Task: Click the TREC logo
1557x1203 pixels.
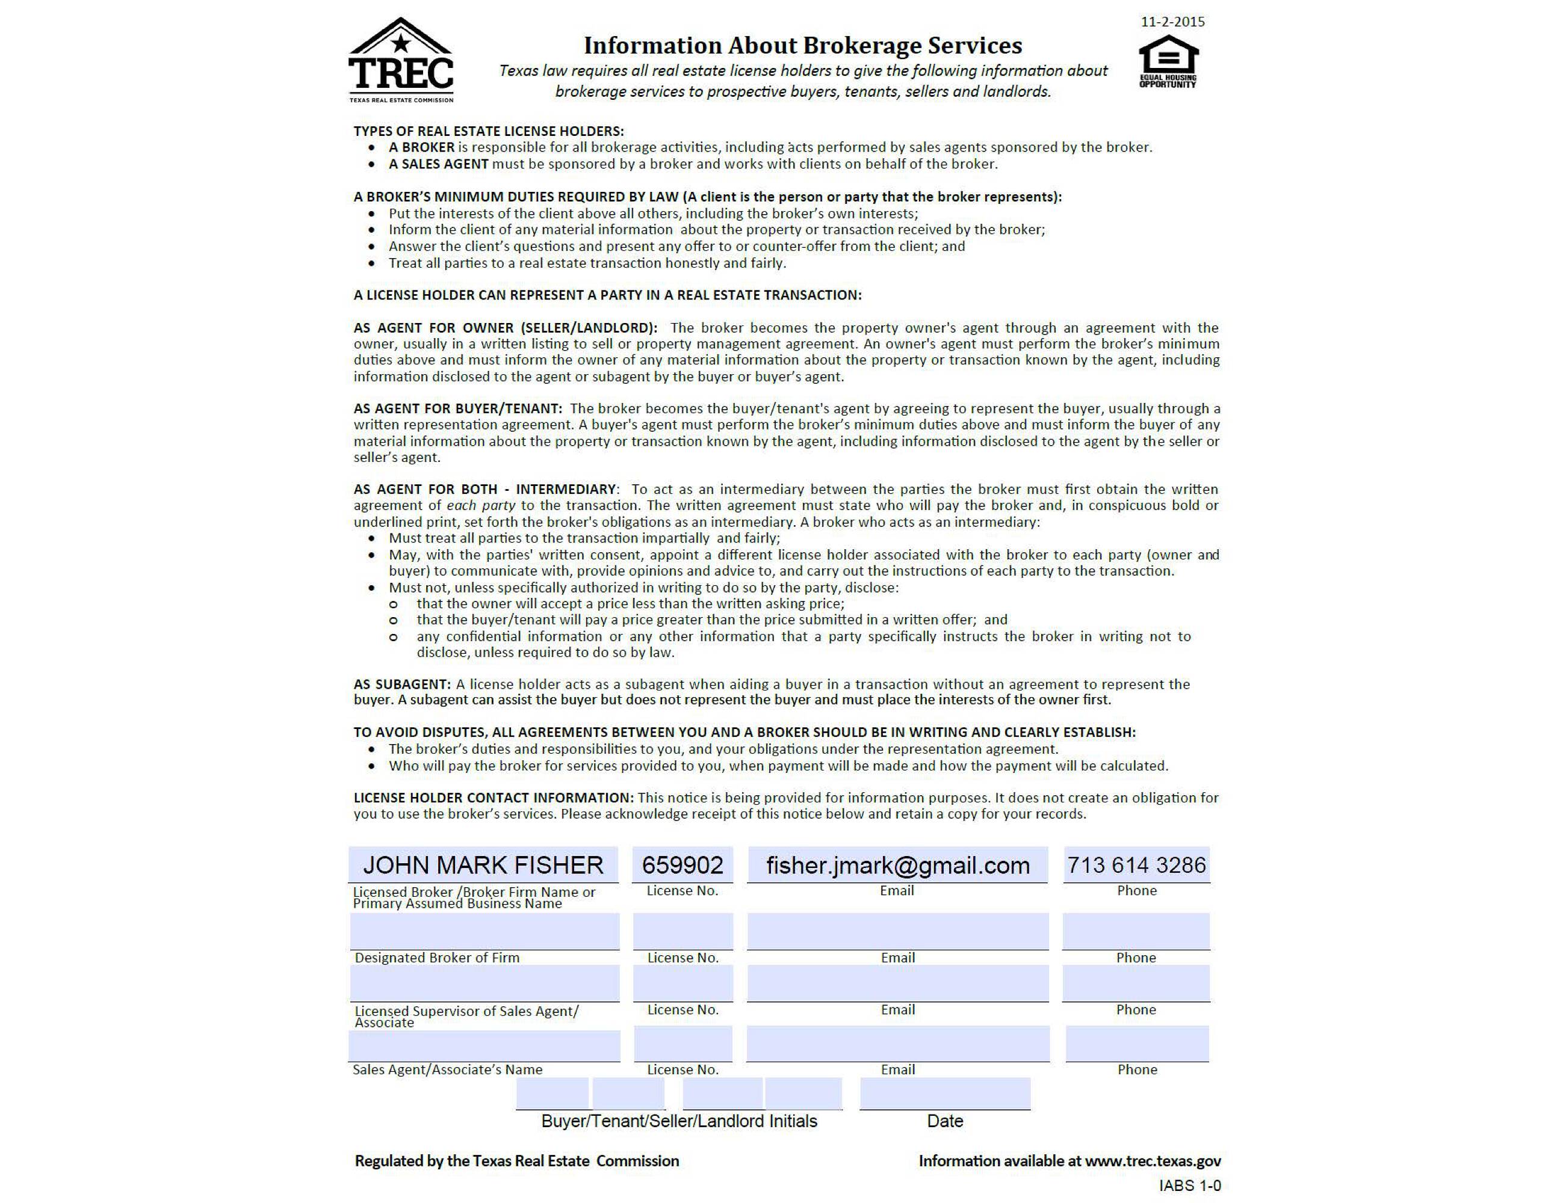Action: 401,61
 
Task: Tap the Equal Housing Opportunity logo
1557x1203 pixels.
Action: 1168,62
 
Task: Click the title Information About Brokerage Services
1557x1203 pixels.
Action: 803,46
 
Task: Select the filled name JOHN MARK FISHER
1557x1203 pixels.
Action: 483,865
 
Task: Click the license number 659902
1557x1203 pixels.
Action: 683,865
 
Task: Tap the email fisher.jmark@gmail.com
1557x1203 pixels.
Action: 897,865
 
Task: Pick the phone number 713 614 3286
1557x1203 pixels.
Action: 1136,865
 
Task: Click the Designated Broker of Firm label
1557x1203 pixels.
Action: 437,958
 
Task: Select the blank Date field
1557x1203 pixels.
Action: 944,1094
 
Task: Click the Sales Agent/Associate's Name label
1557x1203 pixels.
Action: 448,1069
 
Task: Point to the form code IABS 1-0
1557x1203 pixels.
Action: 1189,1185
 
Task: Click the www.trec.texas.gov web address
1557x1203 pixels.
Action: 1153,1161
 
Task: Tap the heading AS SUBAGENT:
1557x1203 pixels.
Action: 402,684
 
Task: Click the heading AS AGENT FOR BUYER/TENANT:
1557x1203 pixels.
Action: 457,408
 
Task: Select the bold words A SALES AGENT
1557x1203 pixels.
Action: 438,164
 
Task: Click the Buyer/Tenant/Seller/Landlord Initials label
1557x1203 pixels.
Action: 679,1121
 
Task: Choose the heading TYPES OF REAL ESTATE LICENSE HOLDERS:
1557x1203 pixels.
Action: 488,131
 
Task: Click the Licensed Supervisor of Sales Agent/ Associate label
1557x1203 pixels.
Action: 466,1017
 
